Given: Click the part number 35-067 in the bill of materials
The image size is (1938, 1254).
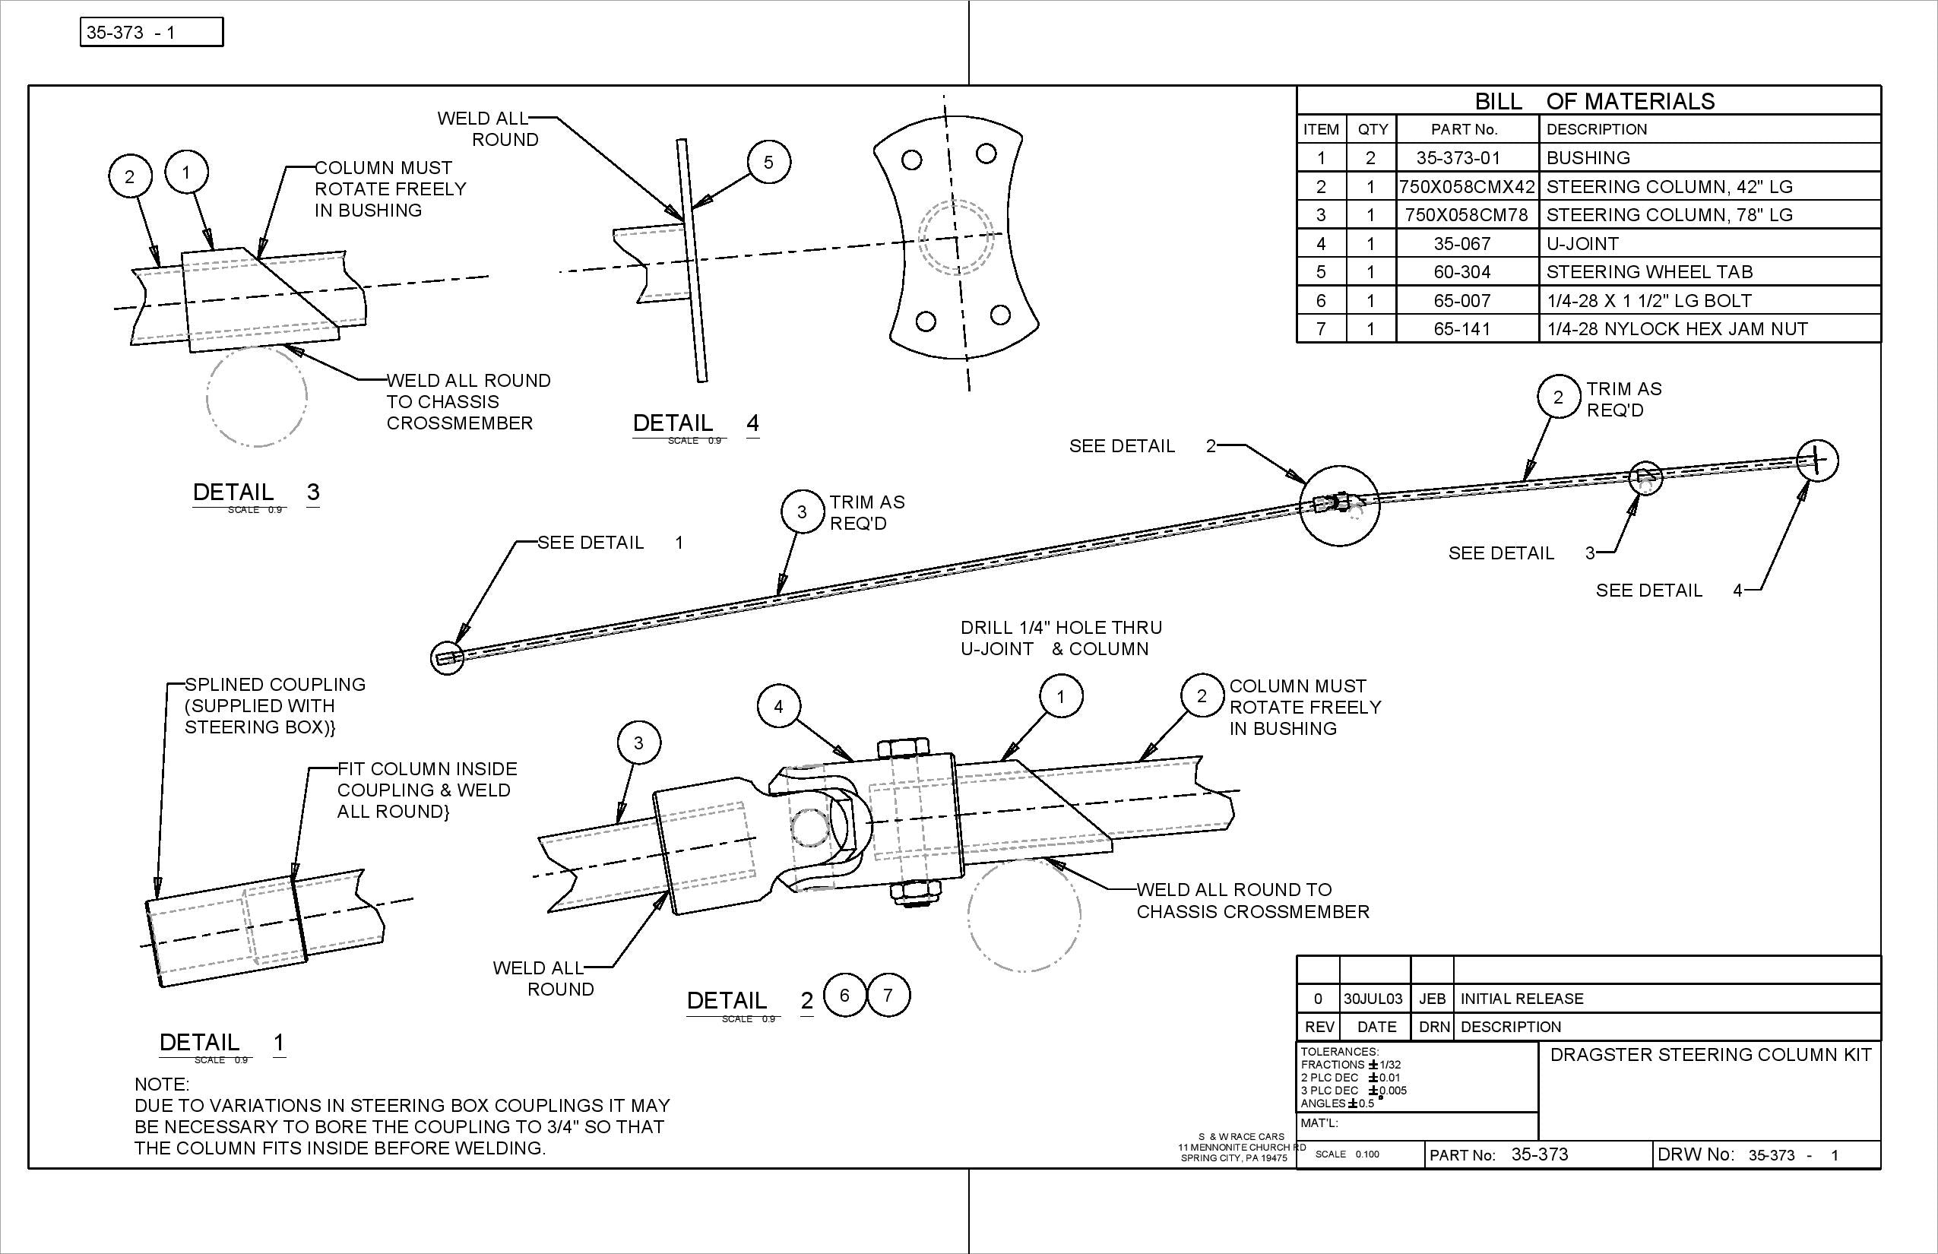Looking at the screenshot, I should pyautogui.click(x=1461, y=243).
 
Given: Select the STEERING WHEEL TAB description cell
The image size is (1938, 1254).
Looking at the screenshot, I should pyautogui.click(x=1649, y=272).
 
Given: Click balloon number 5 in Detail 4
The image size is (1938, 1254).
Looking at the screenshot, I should pyautogui.click(x=768, y=162).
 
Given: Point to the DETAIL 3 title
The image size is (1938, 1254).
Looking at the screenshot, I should pyautogui.click(x=255, y=492).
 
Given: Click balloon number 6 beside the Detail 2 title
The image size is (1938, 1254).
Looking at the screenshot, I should pyautogui.click(x=844, y=995).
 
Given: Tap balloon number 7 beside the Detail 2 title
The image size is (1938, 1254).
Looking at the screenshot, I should pyautogui.click(x=888, y=995).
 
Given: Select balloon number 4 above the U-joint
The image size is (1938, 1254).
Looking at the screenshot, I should pyautogui.click(x=778, y=706).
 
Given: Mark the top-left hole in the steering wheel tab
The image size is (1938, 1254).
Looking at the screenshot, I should pyautogui.click(x=912, y=160).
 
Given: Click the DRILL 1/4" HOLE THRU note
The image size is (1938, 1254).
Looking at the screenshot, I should pyautogui.click(x=1060, y=628).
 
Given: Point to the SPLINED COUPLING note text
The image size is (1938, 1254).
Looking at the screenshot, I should pyautogui.click(x=274, y=685).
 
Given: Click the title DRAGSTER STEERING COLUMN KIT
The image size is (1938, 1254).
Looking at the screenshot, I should pyautogui.click(x=1710, y=1056).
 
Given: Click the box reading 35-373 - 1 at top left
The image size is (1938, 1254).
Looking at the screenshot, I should pyautogui.click(x=151, y=33).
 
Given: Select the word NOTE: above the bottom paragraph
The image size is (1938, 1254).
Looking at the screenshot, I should pyautogui.click(x=161, y=1085).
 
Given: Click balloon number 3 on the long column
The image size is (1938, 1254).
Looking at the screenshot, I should pyautogui.click(x=801, y=511).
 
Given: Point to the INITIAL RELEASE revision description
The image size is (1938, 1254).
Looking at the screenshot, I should pyautogui.click(x=1521, y=999).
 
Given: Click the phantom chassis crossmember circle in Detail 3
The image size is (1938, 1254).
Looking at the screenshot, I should pyautogui.click(x=257, y=397).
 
